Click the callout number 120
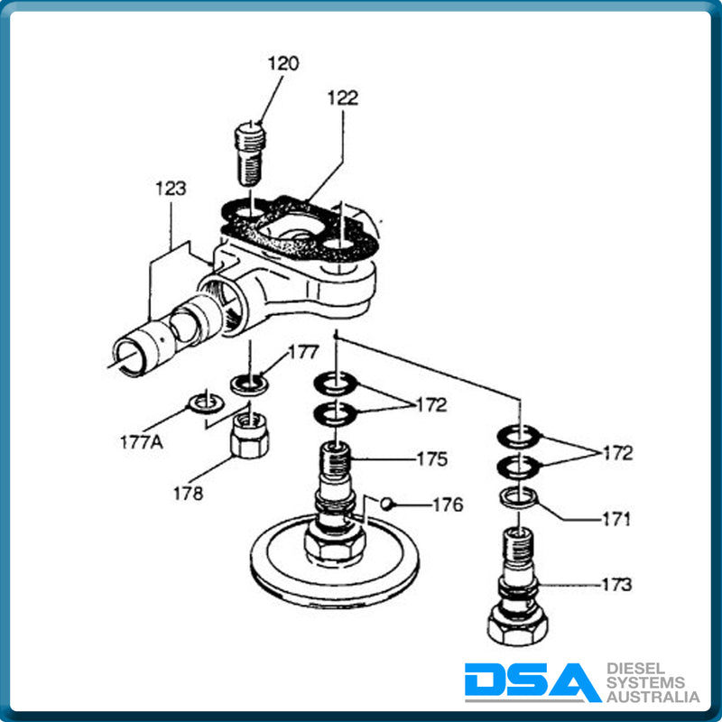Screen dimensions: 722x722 [x=282, y=64]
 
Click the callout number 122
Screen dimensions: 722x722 [x=342, y=98]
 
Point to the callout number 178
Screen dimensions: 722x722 [x=189, y=493]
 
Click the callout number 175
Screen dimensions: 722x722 [x=431, y=458]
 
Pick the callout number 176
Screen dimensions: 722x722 [x=448, y=504]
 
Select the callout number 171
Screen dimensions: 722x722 [x=616, y=520]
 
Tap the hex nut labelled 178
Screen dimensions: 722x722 [x=251, y=435]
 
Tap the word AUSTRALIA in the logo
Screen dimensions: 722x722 [x=653, y=697]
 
